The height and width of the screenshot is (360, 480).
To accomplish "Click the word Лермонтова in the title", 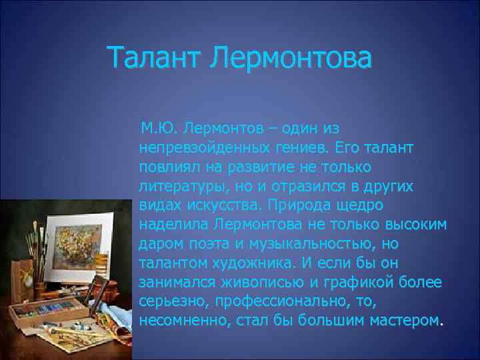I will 290,57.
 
